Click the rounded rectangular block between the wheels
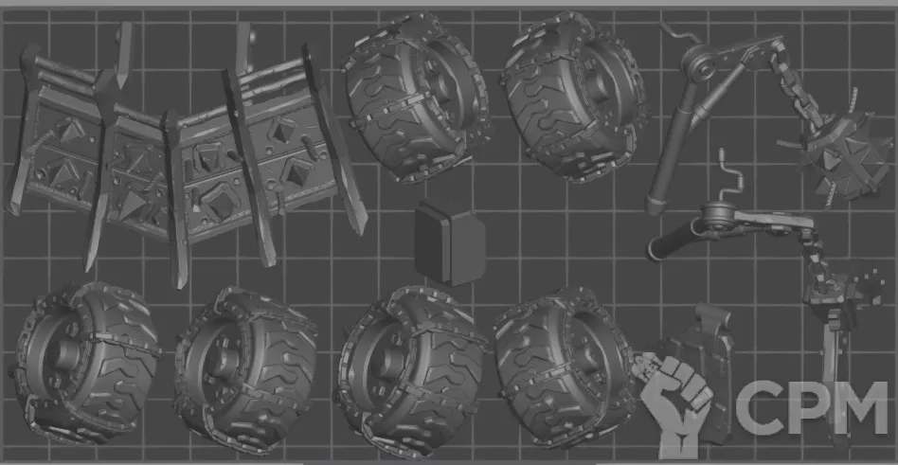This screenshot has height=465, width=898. (x=450, y=242)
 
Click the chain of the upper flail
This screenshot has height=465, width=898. (x=798, y=86)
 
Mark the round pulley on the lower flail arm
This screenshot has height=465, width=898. (x=718, y=217)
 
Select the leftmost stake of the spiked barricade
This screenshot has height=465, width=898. (x=22, y=129)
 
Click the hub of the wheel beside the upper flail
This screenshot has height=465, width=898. (x=597, y=87)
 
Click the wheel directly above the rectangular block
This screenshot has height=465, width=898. (x=417, y=97)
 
